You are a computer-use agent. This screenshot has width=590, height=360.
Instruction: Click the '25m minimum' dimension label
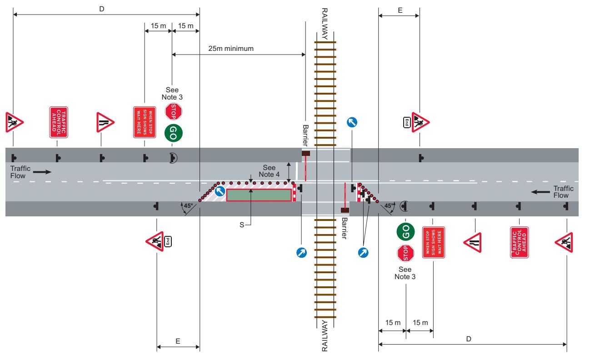click(231, 48)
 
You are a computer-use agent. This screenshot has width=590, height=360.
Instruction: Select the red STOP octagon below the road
click(405, 253)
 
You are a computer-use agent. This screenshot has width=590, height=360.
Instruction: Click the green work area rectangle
click(259, 195)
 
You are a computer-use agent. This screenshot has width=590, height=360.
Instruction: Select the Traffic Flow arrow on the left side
click(42, 172)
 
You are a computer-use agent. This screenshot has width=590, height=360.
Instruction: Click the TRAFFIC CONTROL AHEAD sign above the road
click(58, 122)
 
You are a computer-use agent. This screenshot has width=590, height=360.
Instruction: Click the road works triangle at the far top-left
click(14, 122)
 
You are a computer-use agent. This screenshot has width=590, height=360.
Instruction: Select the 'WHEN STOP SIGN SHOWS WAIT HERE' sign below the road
click(433, 242)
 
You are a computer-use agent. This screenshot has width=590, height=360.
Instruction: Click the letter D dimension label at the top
click(101, 9)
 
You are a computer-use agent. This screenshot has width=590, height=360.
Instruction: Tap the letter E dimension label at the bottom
click(178, 340)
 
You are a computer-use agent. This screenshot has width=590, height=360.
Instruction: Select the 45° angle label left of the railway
click(188, 205)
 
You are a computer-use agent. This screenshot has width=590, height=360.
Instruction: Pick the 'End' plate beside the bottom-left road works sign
click(168, 241)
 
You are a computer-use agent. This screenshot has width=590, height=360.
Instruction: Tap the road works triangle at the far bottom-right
click(565, 242)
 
